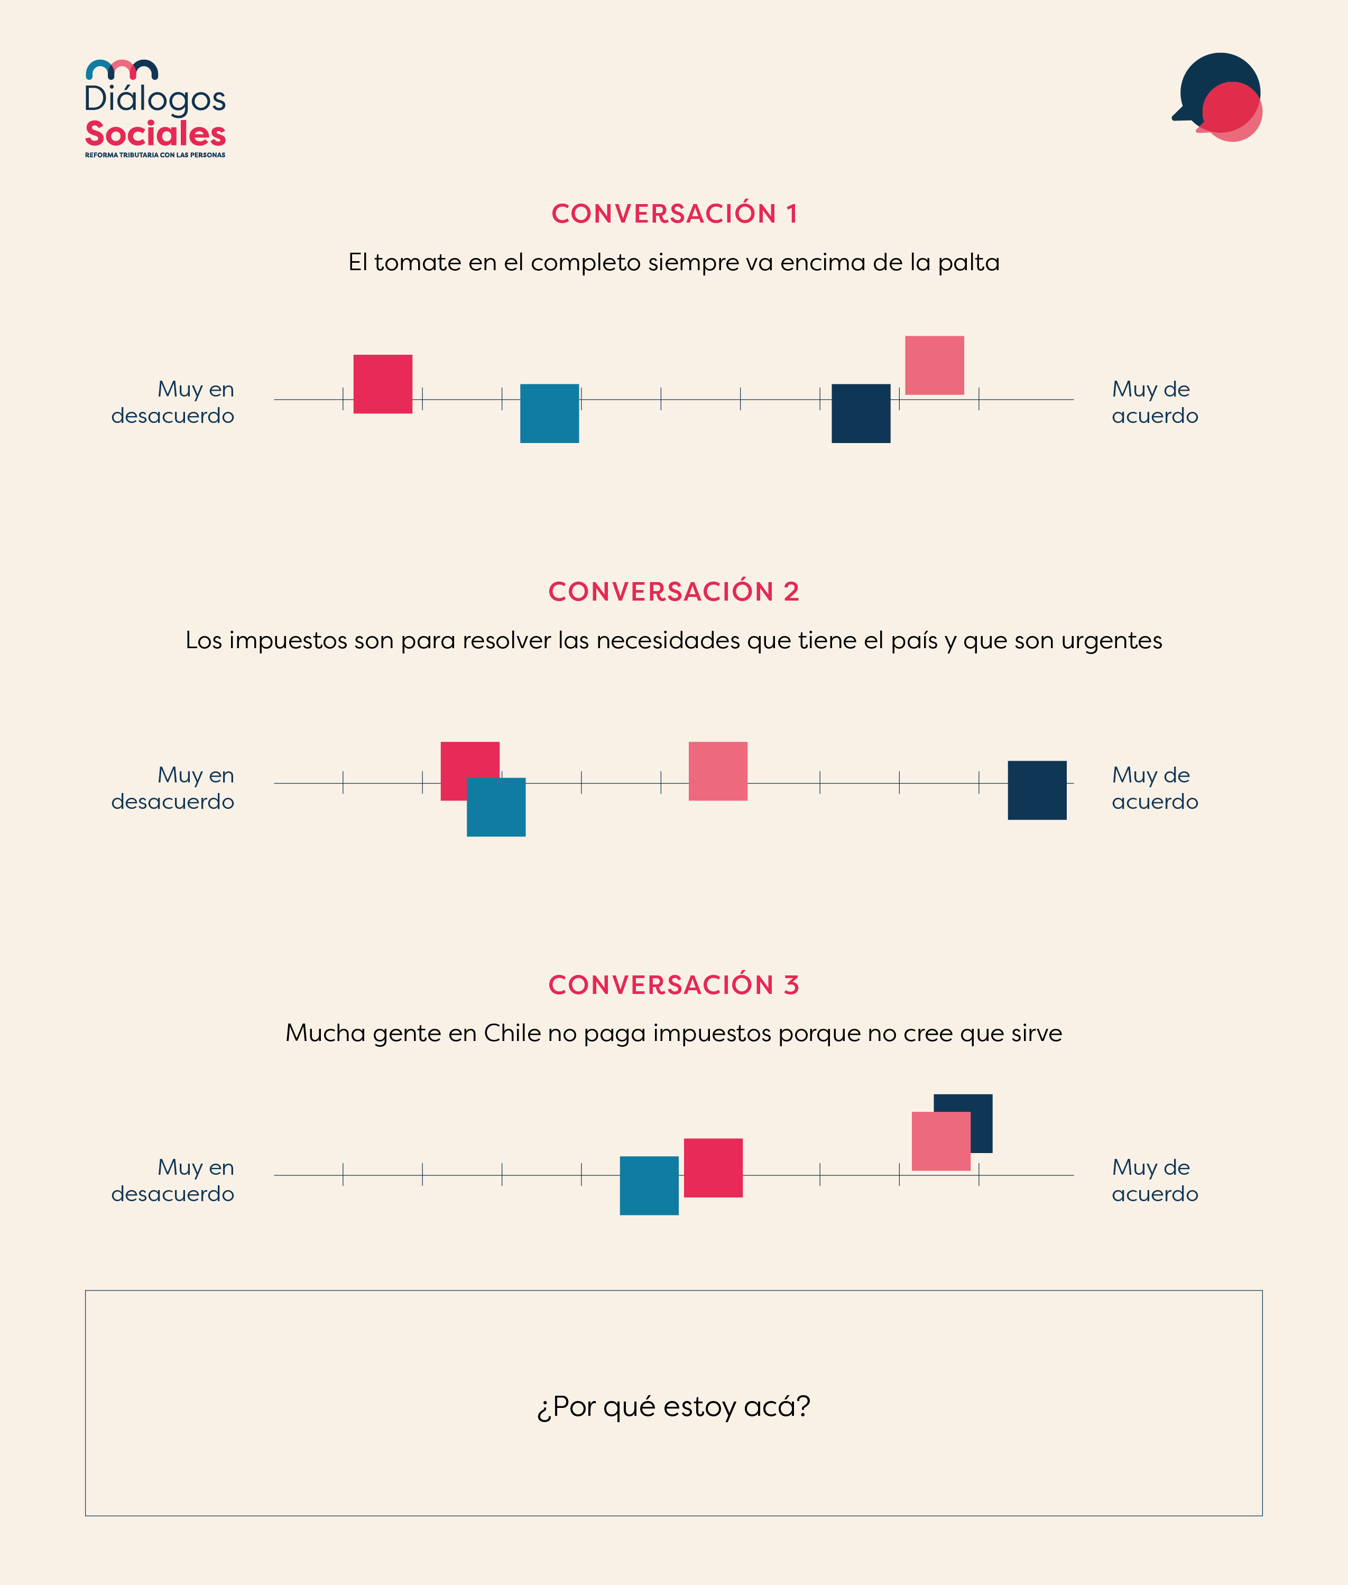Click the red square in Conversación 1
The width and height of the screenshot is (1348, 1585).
tap(383, 384)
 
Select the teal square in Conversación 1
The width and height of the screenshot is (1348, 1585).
tap(549, 413)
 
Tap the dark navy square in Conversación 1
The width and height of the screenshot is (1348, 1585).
tap(861, 413)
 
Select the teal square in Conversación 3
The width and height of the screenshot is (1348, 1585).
tap(649, 1185)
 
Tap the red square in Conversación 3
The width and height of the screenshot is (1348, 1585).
tap(713, 1168)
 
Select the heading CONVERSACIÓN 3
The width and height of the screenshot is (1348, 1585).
tap(674, 985)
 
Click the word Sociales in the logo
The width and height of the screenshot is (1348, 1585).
tap(155, 134)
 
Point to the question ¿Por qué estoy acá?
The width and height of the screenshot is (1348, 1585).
tap(673, 1406)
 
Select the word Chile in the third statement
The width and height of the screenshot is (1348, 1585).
tap(512, 1033)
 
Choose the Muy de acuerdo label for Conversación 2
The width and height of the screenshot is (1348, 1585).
tap(1154, 788)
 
